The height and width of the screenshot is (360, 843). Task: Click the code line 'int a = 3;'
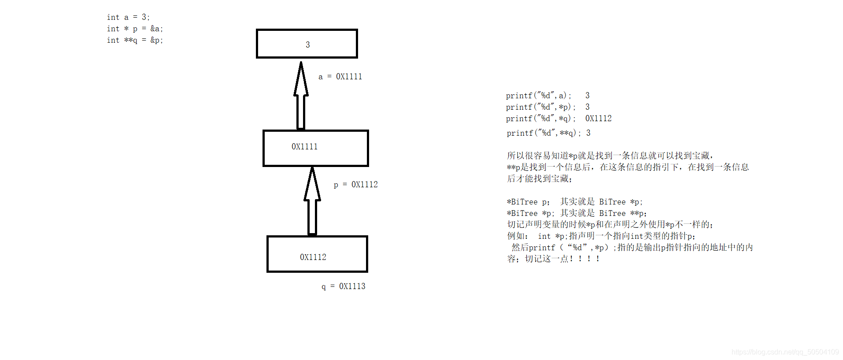point(128,17)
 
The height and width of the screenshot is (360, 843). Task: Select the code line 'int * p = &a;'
point(135,29)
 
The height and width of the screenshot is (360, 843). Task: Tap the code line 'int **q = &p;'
point(135,40)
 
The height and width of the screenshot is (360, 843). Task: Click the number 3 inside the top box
point(308,45)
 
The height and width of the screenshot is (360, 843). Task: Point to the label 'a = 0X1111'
point(340,77)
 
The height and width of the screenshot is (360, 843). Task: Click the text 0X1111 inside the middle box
point(304,147)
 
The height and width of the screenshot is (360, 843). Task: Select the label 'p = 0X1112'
point(355,185)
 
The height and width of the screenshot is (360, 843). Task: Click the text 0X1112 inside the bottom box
point(313,257)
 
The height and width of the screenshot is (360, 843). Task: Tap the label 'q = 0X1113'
point(343,286)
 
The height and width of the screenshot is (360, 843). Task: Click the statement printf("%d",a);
point(538,96)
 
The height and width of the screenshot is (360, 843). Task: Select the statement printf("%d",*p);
point(540,107)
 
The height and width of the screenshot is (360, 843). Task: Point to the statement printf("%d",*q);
point(540,119)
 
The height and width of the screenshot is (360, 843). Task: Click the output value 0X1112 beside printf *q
point(598,119)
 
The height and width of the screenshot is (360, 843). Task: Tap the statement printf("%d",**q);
point(544,133)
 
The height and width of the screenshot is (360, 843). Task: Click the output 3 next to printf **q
point(588,133)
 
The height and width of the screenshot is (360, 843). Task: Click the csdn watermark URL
point(785,352)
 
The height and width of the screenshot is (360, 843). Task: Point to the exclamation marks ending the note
point(584,259)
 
